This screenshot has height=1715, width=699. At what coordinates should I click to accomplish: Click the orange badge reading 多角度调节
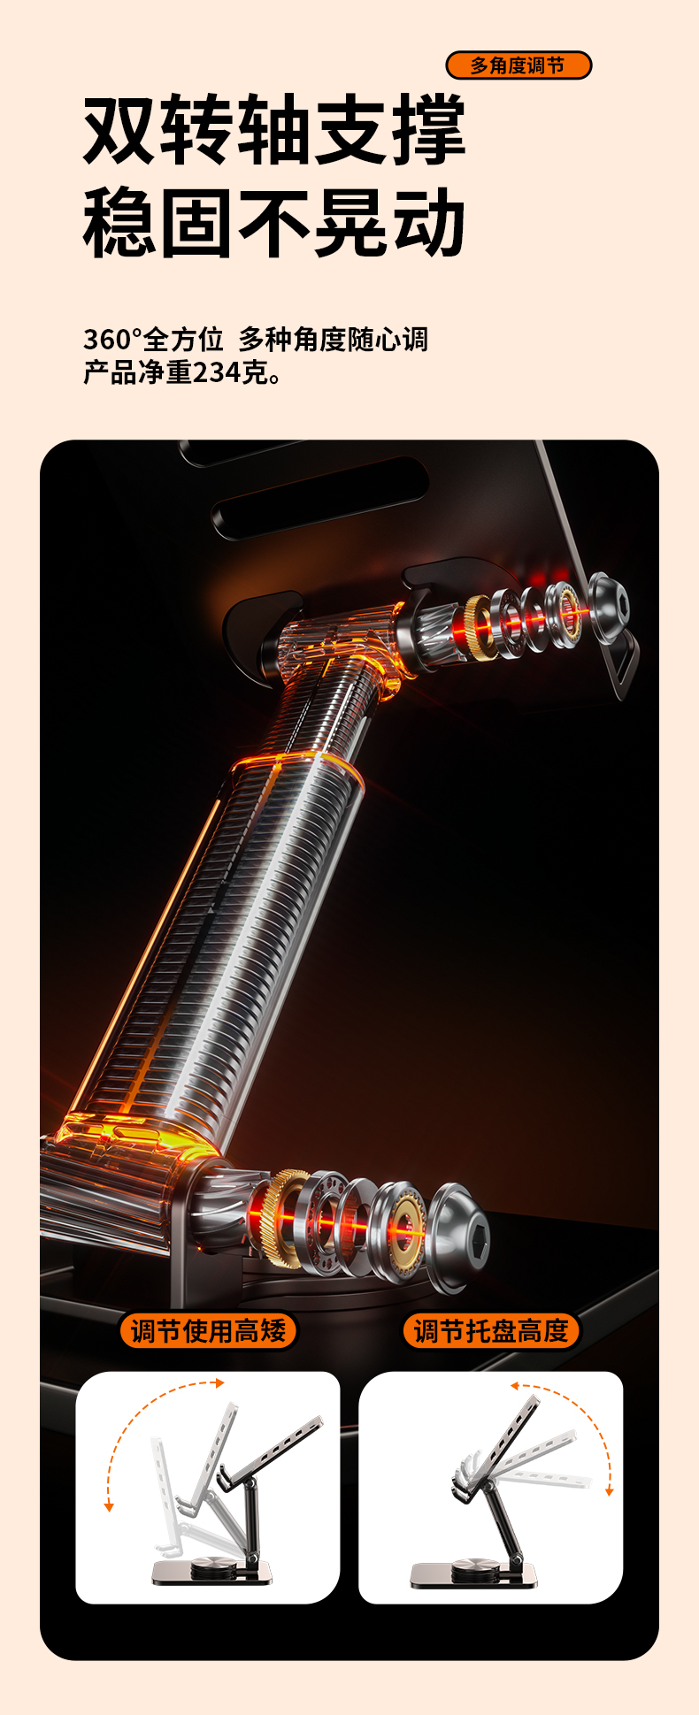tap(518, 65)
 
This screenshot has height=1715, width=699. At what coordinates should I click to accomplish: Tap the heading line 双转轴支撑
tap(274, 130)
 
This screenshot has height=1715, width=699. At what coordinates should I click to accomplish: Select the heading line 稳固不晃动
tap(274, 223)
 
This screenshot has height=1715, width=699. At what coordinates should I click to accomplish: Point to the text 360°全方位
tap(153, 339)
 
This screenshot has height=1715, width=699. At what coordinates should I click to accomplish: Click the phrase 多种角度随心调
tap(334, 339)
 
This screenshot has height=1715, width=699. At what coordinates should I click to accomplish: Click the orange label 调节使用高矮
tap(208, 1330)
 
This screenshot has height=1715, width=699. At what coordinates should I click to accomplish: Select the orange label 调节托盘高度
tap(491, 1330)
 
